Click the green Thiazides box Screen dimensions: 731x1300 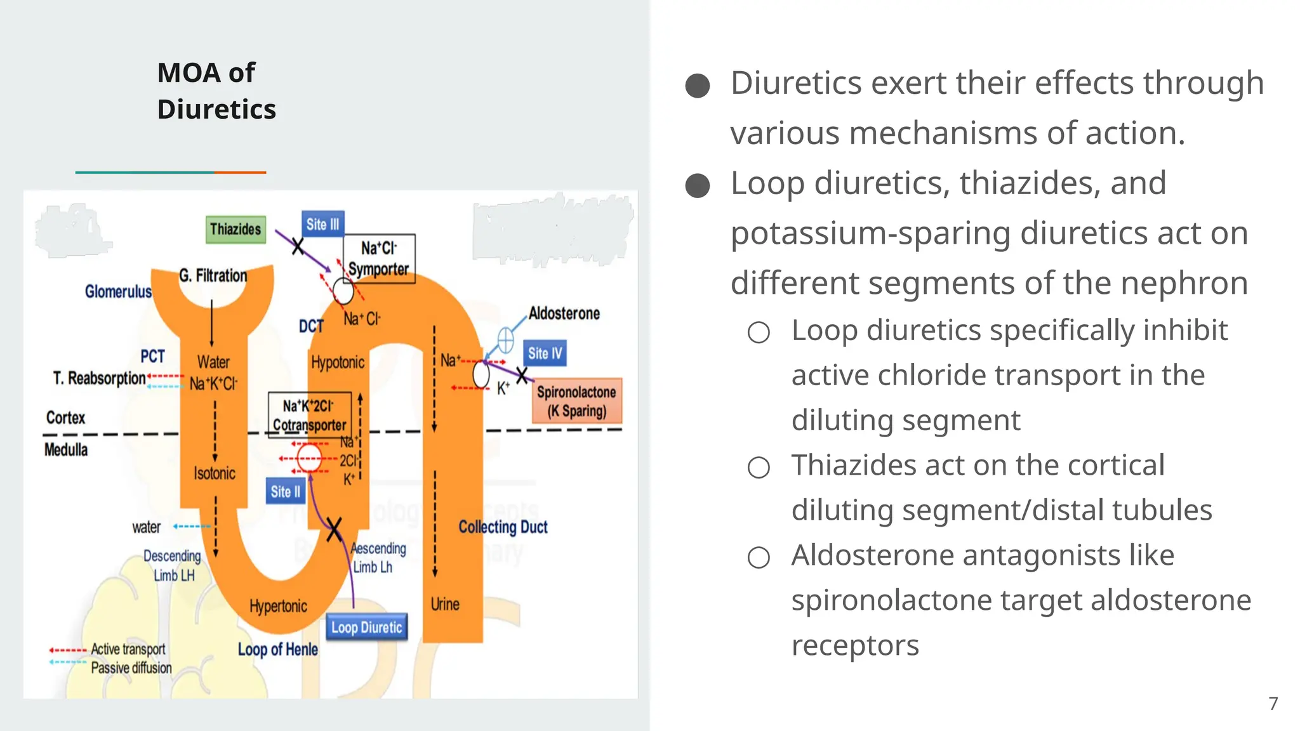[x=235, y=229]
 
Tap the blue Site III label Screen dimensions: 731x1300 [x=322, y=225]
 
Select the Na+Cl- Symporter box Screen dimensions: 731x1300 [x=379, y=258]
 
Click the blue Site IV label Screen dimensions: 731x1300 [x=545, y=353]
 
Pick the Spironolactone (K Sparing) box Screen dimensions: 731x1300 [x=576, y=401]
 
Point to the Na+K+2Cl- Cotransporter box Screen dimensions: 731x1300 [x=309, y=415]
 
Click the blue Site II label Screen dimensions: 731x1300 [x=285, y=492]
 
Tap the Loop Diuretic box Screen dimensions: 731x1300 [x=367, y=628]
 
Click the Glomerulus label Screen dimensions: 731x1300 [x=118, y=292]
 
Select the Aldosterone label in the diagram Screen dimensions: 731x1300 [x=564, y=313]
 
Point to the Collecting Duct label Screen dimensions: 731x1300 [x=503, y=527]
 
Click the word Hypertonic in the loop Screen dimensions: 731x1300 [x=278, y=607]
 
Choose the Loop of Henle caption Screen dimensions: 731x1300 [x=277, y=650]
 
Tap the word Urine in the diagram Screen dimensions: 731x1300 [x=445, y=604]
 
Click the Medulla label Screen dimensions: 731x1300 [x=66, y=450]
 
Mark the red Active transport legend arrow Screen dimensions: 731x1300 [x=67, y=650]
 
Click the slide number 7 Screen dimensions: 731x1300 [x=1273, y=704]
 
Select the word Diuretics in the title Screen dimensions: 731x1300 [x=216, y=109]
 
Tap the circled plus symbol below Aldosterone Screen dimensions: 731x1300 [x=505, y=341]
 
